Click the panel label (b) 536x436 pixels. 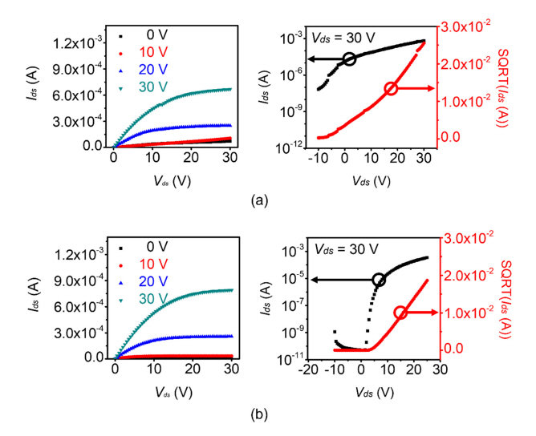tap(258, 416)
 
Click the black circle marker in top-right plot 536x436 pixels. tap(349, 59)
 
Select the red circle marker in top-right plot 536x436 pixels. tap(391, 88)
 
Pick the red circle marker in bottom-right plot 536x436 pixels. tap(401, 312)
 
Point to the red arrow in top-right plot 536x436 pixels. tap(417, 88)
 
